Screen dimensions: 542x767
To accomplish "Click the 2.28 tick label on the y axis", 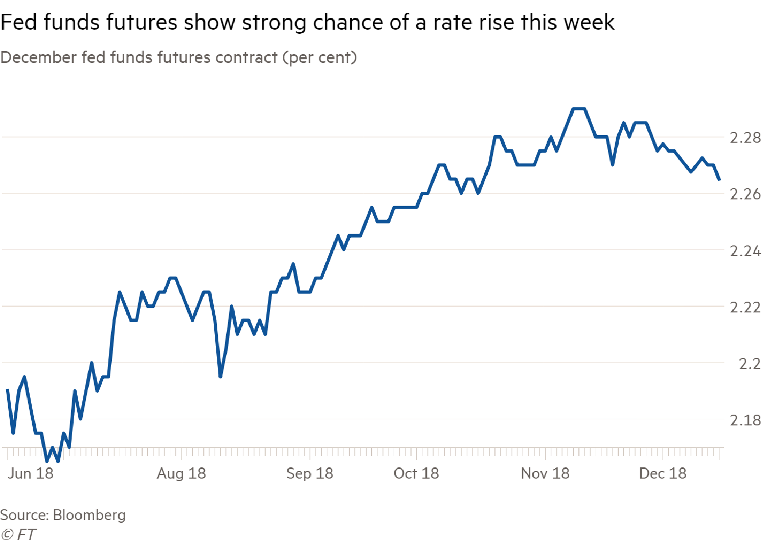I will (x=745, y=138).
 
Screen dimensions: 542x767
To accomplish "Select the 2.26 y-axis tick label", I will (x=745, y=194).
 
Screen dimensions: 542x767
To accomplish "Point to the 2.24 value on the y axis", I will (x=745, y=251).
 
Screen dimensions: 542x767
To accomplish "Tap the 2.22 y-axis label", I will (x=745, y=307).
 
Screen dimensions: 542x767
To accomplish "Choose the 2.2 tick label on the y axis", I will (x=750, y=364).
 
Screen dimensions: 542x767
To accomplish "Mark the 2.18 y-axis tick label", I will (x=745, y=420).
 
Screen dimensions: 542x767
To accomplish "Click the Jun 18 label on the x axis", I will (x=31, y=473).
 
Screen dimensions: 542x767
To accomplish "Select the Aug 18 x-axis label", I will (x=182, y=473).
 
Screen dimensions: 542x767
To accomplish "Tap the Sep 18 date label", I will (x=309, y=473).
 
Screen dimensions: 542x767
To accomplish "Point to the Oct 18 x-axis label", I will (x=416, y=473).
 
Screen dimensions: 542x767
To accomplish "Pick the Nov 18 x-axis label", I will (x=545, y=473).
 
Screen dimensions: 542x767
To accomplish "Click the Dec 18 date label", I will (x=663, y=473).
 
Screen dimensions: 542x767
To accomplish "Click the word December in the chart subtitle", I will (x=39, y=57).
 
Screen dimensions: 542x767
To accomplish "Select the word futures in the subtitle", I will (x=185, y=57).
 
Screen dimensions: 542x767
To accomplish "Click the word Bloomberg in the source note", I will (x=89, y=515).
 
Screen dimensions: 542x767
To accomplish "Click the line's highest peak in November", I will (x=579, y=109).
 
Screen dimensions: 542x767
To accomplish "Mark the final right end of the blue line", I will (x=719, y=180).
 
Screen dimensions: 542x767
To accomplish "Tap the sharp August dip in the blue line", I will (x=220, y=377).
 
